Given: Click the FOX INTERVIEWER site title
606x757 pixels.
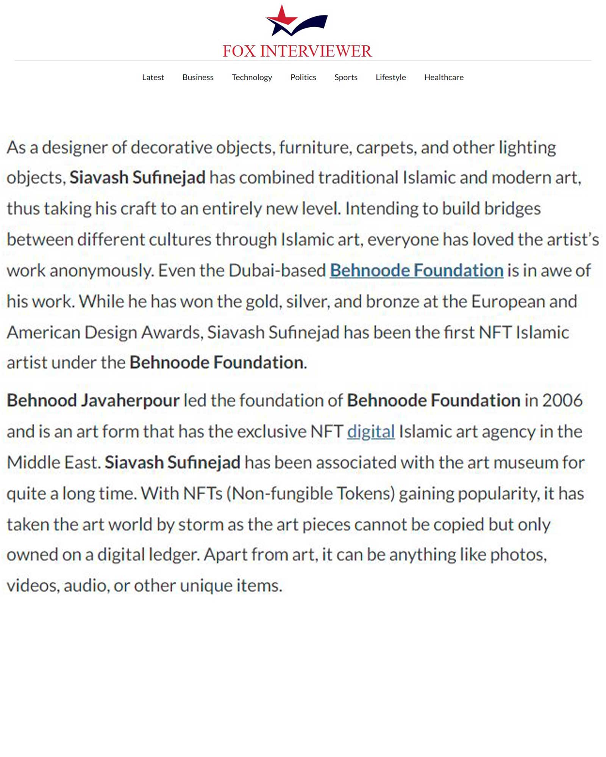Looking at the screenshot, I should click(297, 51).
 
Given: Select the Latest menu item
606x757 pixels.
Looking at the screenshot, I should click(153, 77).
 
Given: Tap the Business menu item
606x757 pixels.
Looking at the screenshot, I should click(198, 77).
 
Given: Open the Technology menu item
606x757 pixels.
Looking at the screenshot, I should click(252, 77).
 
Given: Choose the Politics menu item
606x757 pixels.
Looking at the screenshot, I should click(303, 77).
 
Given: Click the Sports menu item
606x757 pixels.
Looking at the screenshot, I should click(346, 77).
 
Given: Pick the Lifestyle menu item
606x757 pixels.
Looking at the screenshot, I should click(390, 77).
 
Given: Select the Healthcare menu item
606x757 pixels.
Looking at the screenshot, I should click(444, 77).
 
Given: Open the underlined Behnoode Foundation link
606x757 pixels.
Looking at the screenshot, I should click(416, 271).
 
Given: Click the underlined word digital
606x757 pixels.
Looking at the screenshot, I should click(371, 431).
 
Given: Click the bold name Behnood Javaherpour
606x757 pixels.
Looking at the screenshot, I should click(93, 401).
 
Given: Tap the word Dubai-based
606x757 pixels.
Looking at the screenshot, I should click(277, 271).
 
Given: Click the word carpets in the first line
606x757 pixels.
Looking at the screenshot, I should click(386, 148).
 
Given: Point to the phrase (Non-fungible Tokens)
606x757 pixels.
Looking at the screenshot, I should click(311, 494).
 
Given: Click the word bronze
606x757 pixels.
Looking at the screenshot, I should click(392, 302).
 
